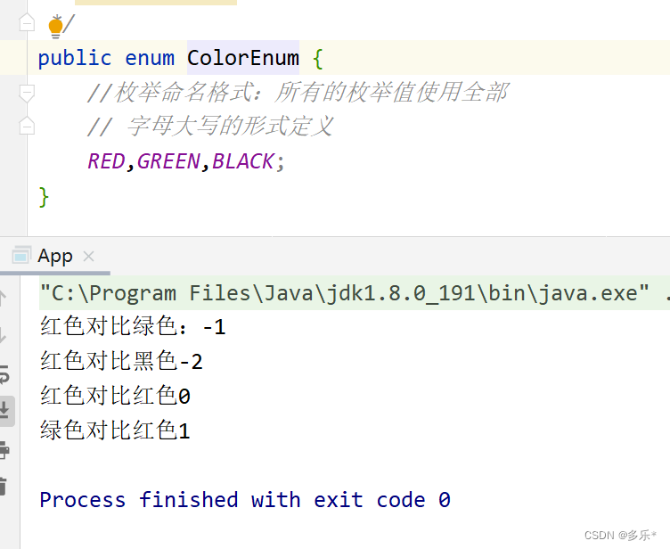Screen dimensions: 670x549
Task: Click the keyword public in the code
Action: [x=75, y=59]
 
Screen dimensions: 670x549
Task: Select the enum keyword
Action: [x=150, y=59]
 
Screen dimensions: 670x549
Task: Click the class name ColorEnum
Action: [x=242, y=59]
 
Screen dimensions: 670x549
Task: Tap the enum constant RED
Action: [x=106, y=161]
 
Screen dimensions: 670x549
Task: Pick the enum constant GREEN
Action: [x=169, y=161]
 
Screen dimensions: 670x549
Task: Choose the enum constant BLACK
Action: [x=243, y=161]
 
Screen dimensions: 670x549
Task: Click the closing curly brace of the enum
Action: [x=45, y=195]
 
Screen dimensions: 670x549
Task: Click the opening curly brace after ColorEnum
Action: [x=317, y=59]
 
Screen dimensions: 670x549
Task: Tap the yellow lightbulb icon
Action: [x=55, y=27]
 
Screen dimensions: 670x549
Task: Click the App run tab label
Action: [x=54, y=257]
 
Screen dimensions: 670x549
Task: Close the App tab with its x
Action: [x=88, y=257]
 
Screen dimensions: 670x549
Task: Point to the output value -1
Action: [x=214, y=328]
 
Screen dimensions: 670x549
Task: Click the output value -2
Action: [x=191, y=362]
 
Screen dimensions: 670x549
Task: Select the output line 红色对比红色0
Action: [x=115, y=396]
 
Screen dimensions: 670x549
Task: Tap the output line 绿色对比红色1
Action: [x=115, y=430]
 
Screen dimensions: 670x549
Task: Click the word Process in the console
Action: [x=82, y=500]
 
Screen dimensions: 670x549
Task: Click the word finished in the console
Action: [x=188, y=500]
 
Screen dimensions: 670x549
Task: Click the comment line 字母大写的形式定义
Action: [x=229, y=127]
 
